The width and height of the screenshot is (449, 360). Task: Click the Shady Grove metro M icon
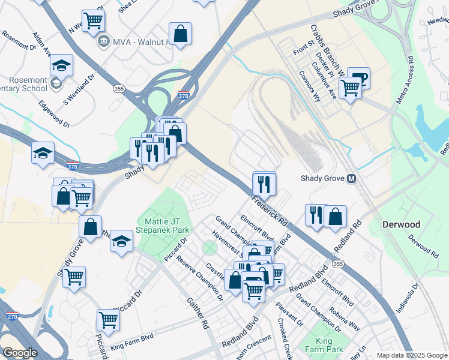351,179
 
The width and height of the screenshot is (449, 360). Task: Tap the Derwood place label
402,224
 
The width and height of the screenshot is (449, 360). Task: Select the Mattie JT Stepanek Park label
163,221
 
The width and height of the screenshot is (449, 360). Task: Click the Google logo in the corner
20,353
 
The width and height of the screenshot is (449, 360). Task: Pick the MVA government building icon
103,41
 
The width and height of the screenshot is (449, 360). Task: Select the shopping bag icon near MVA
180,33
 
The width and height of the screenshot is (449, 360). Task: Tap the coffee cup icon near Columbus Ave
359,77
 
